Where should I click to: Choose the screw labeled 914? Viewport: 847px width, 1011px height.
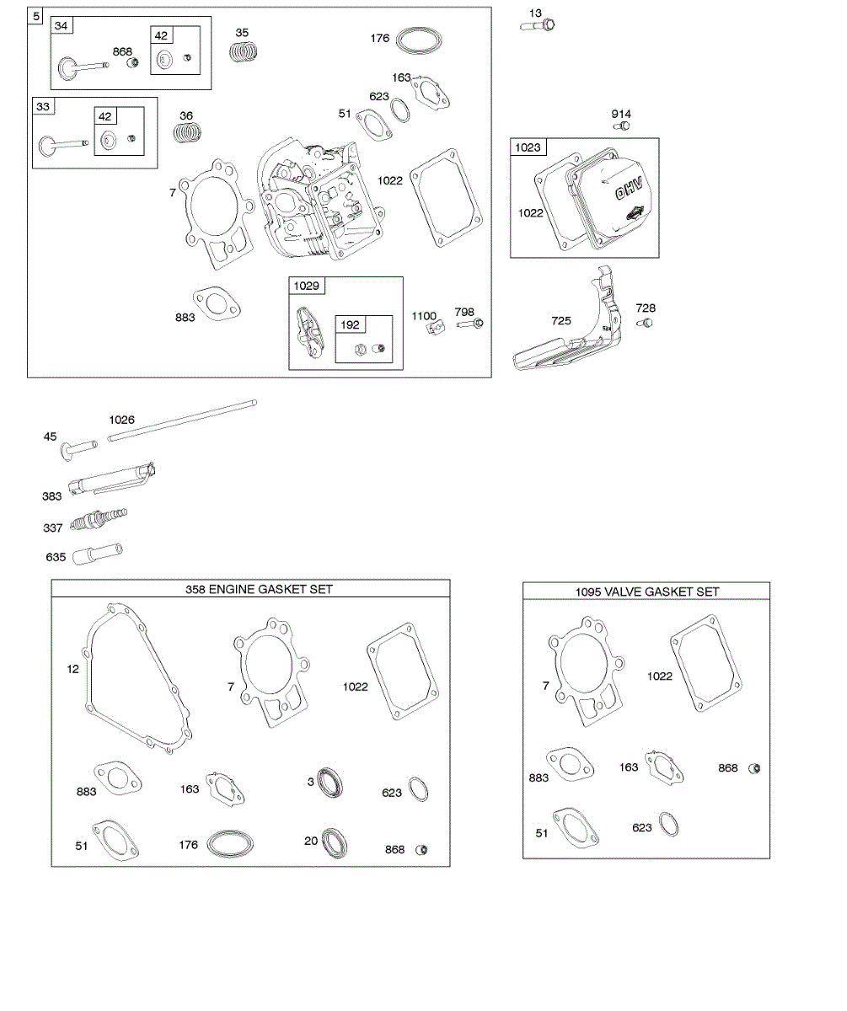pos(623,126)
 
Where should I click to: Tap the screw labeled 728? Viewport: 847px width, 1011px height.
pos(646,324)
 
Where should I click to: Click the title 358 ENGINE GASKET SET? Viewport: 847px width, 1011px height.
pos(259,589)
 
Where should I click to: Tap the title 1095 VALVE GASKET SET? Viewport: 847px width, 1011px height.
pos(647,591)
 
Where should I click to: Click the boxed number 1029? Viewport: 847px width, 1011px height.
pos(307,286)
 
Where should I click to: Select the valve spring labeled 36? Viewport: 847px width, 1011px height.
pos(190,132)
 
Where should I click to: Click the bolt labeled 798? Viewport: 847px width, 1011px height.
pos(470,324)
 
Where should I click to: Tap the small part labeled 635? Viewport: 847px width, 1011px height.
pos(98,554)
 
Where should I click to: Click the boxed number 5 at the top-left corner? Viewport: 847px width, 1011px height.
pos(35,16)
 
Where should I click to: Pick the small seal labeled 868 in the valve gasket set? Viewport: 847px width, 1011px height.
pos(754,768)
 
